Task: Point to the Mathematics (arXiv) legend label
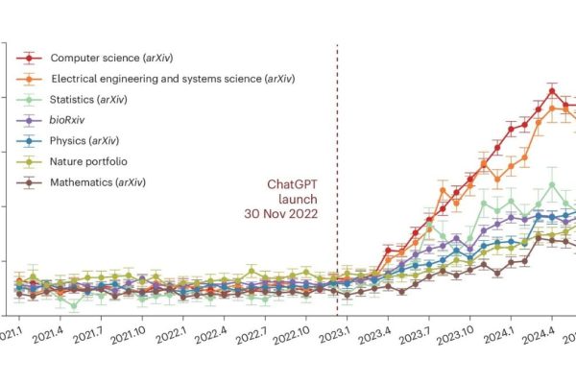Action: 108,182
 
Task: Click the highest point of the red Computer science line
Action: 552,91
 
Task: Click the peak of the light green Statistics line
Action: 552,183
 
